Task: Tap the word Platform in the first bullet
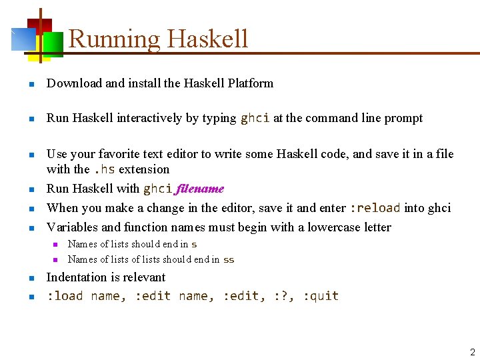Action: [250, 83]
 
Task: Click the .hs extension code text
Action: [104, 169]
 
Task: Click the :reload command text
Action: [374, 208]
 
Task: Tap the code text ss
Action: [229, 259]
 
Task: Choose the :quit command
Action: [321, 296]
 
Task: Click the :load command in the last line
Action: [65, 296]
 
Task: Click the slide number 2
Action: [472, 352]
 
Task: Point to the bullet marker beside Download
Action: [31, 84]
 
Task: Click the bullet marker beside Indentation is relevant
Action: [31, 278]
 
